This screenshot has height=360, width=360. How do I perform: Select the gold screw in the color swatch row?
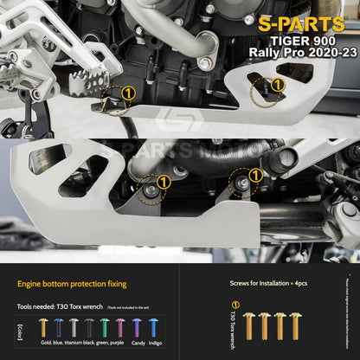(x=43, y=327)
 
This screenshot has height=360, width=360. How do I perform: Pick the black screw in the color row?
(x=90, y=327)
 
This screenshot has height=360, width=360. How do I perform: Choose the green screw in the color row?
(x=105, y=327)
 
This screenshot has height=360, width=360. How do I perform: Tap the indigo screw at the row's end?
(x=153, y=327)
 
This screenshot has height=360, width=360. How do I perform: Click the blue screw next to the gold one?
(x=58, y=327)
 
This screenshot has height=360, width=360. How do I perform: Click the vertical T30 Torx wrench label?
(x=234, y=334)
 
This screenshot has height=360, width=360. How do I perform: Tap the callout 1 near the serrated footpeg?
(x=128, y=93)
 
